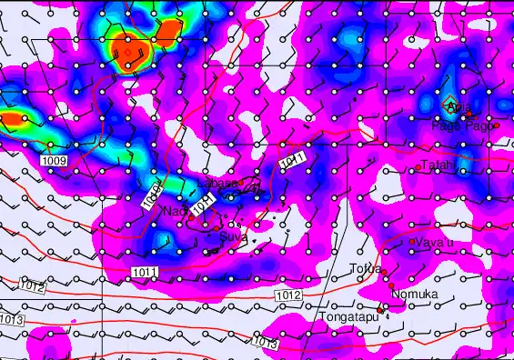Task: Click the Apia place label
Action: (460, 109)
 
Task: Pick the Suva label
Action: (232, 237)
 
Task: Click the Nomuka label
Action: (415, 295)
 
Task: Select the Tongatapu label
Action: (348, 317)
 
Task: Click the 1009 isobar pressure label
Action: (54, 161)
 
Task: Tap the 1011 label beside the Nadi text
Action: (204, 204)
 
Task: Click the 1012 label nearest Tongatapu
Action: (287, 295)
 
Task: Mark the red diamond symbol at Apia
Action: (448, 104)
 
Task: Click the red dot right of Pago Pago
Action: (497, 125)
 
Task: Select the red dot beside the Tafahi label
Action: (418, 167)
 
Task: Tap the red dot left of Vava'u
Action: (410, 241)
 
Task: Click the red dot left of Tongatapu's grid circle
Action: (380, 311)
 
